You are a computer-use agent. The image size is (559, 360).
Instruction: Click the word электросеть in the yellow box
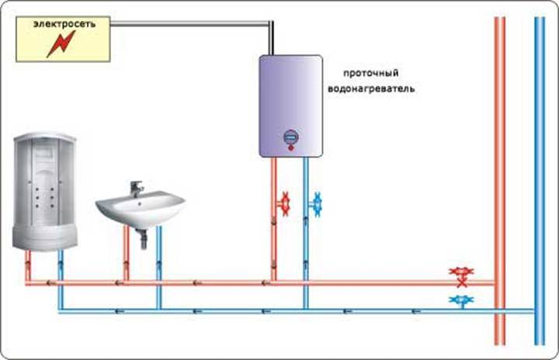(x=64, y=24)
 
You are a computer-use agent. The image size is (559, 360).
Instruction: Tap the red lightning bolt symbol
(x=61, y=44)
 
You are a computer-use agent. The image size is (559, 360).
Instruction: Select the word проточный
(x=370, y=74)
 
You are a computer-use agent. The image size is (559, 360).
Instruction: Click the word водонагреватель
(x=371, y=88)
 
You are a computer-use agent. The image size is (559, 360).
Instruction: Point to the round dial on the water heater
(x=291, y=137)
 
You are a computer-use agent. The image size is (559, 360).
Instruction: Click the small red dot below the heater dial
(x=291, y=147)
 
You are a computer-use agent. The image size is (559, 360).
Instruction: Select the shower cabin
(x=45, y=192)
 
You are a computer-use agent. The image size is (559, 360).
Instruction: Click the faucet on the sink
(x=136, y=189)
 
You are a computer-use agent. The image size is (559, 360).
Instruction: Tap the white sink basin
(x=140, y=209)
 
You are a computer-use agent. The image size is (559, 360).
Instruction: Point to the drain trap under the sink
(x=142, y=239)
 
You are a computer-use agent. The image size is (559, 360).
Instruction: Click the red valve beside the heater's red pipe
(x=284, y=204)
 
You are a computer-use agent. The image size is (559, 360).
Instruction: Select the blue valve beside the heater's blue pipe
(x=315, y=205)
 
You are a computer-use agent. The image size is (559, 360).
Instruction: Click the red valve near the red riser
(x=462, y=276)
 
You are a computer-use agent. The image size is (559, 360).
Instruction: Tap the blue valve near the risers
(x=462, y=302)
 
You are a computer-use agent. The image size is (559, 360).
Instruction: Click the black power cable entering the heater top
(x=271, y=38)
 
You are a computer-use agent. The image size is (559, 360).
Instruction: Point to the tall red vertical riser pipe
(x=499, y=181)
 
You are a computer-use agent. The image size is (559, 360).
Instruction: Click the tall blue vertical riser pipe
(x=540, y=181)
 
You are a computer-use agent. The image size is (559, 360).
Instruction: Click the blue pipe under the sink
(x=159, y=268)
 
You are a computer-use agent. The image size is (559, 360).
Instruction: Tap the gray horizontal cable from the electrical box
(x=189, y=23)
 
